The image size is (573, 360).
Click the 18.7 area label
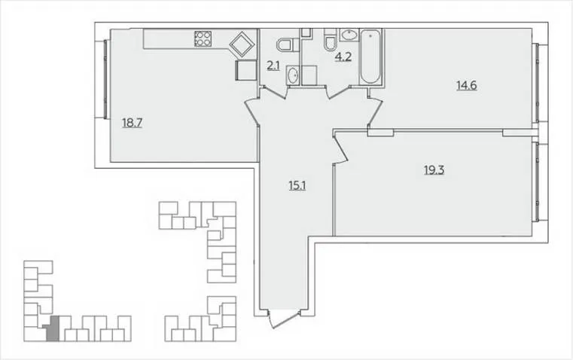click(132, 123)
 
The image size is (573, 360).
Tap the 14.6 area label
click(467, 86)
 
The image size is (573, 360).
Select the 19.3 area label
click(434, 170)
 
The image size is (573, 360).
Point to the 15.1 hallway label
click(297, 186)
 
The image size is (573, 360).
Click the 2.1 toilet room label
click(273, 66)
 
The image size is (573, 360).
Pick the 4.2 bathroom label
click(343, 57)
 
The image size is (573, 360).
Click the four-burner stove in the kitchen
click(203, 38)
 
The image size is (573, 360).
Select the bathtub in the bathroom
click(370, 56)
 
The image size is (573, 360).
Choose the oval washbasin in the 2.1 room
click(293, 75)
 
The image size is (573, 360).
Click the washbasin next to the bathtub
click(349, 35)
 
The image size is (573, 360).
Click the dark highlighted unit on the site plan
click(52, 329)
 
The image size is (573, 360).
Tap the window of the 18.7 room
click(106, 79)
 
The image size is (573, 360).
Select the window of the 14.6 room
click(537, 83)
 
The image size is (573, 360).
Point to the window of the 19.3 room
click(537, 182)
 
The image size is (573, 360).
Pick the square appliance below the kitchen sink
click(246, 71)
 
